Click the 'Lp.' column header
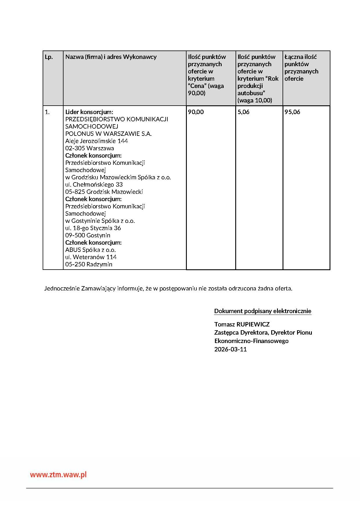[49, 57]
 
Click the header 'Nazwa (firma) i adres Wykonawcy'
[111, 57]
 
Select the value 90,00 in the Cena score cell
[196, 112]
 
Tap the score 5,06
[243, 112]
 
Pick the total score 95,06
[292, 112]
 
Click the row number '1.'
[47, 112]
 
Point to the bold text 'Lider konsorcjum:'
[89, 112]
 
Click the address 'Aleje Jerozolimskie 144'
[97, 141]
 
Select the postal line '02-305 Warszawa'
[90, 148]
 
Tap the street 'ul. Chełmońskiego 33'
[94, 185]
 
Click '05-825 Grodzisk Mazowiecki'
[104, 192]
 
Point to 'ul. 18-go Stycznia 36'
[93, 228]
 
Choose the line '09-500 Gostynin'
[88, 235]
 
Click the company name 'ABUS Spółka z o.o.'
[91, 250]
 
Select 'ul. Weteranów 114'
[91, 257]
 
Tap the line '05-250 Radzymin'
[89, 264]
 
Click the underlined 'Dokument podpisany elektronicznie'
[263, 311]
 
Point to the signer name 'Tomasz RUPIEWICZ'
[242, 324]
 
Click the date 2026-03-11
[230, 349]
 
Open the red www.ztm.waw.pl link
[58, 475]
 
